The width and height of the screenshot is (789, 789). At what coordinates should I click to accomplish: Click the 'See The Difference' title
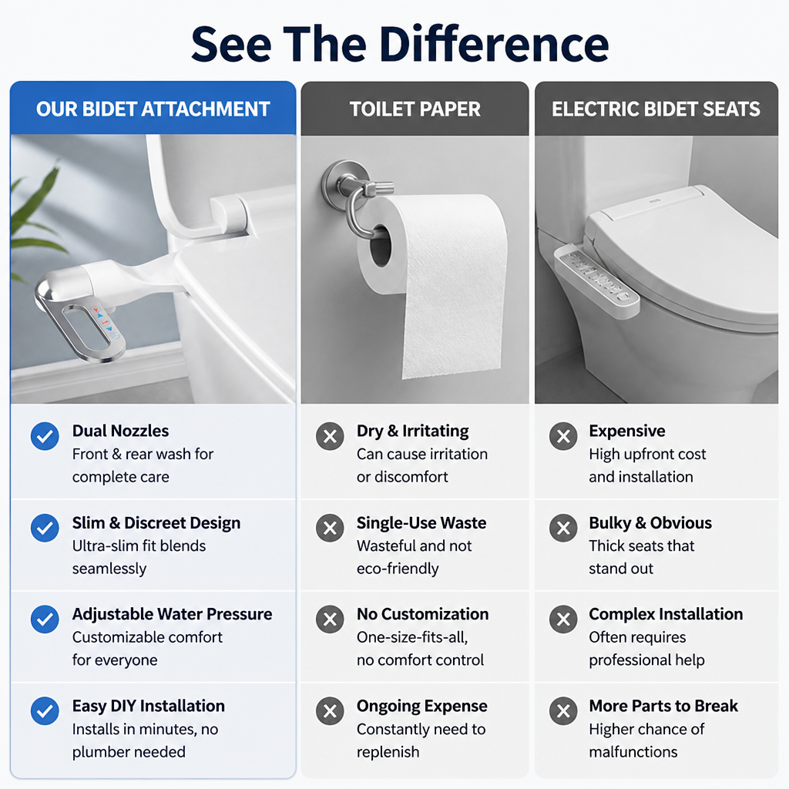(400, 44)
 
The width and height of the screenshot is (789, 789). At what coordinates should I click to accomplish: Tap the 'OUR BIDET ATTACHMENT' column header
(153, 109)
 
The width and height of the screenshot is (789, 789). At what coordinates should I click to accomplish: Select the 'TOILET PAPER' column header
(415, 109)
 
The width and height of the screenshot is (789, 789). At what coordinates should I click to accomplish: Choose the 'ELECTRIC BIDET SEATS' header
(656, 109)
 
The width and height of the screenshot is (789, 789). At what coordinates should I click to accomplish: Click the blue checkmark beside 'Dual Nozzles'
(45, 436)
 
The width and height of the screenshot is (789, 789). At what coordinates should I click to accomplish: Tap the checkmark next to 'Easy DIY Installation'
(45, 711)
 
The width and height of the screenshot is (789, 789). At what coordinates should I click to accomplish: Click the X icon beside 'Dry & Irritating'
(330, 436)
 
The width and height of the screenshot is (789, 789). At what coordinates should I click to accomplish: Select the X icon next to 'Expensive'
(563, 436)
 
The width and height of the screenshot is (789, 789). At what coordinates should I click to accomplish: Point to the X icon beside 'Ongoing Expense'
(330, 711)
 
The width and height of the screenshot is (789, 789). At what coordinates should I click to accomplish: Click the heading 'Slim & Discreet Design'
(156, 523)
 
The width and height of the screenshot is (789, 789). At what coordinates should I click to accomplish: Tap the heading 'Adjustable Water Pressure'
(172, 614)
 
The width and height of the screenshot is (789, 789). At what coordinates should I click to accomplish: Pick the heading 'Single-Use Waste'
(421, 523)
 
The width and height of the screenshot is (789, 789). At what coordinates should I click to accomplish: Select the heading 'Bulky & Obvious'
(650, 523)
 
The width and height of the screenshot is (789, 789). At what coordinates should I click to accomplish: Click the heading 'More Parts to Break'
(663, 706)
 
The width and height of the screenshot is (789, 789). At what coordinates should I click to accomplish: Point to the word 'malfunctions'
(633, 752)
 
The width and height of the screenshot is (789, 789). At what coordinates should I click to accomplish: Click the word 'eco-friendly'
(398, 569)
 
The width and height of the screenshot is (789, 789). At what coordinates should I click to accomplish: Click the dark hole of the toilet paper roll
(380, 246)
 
